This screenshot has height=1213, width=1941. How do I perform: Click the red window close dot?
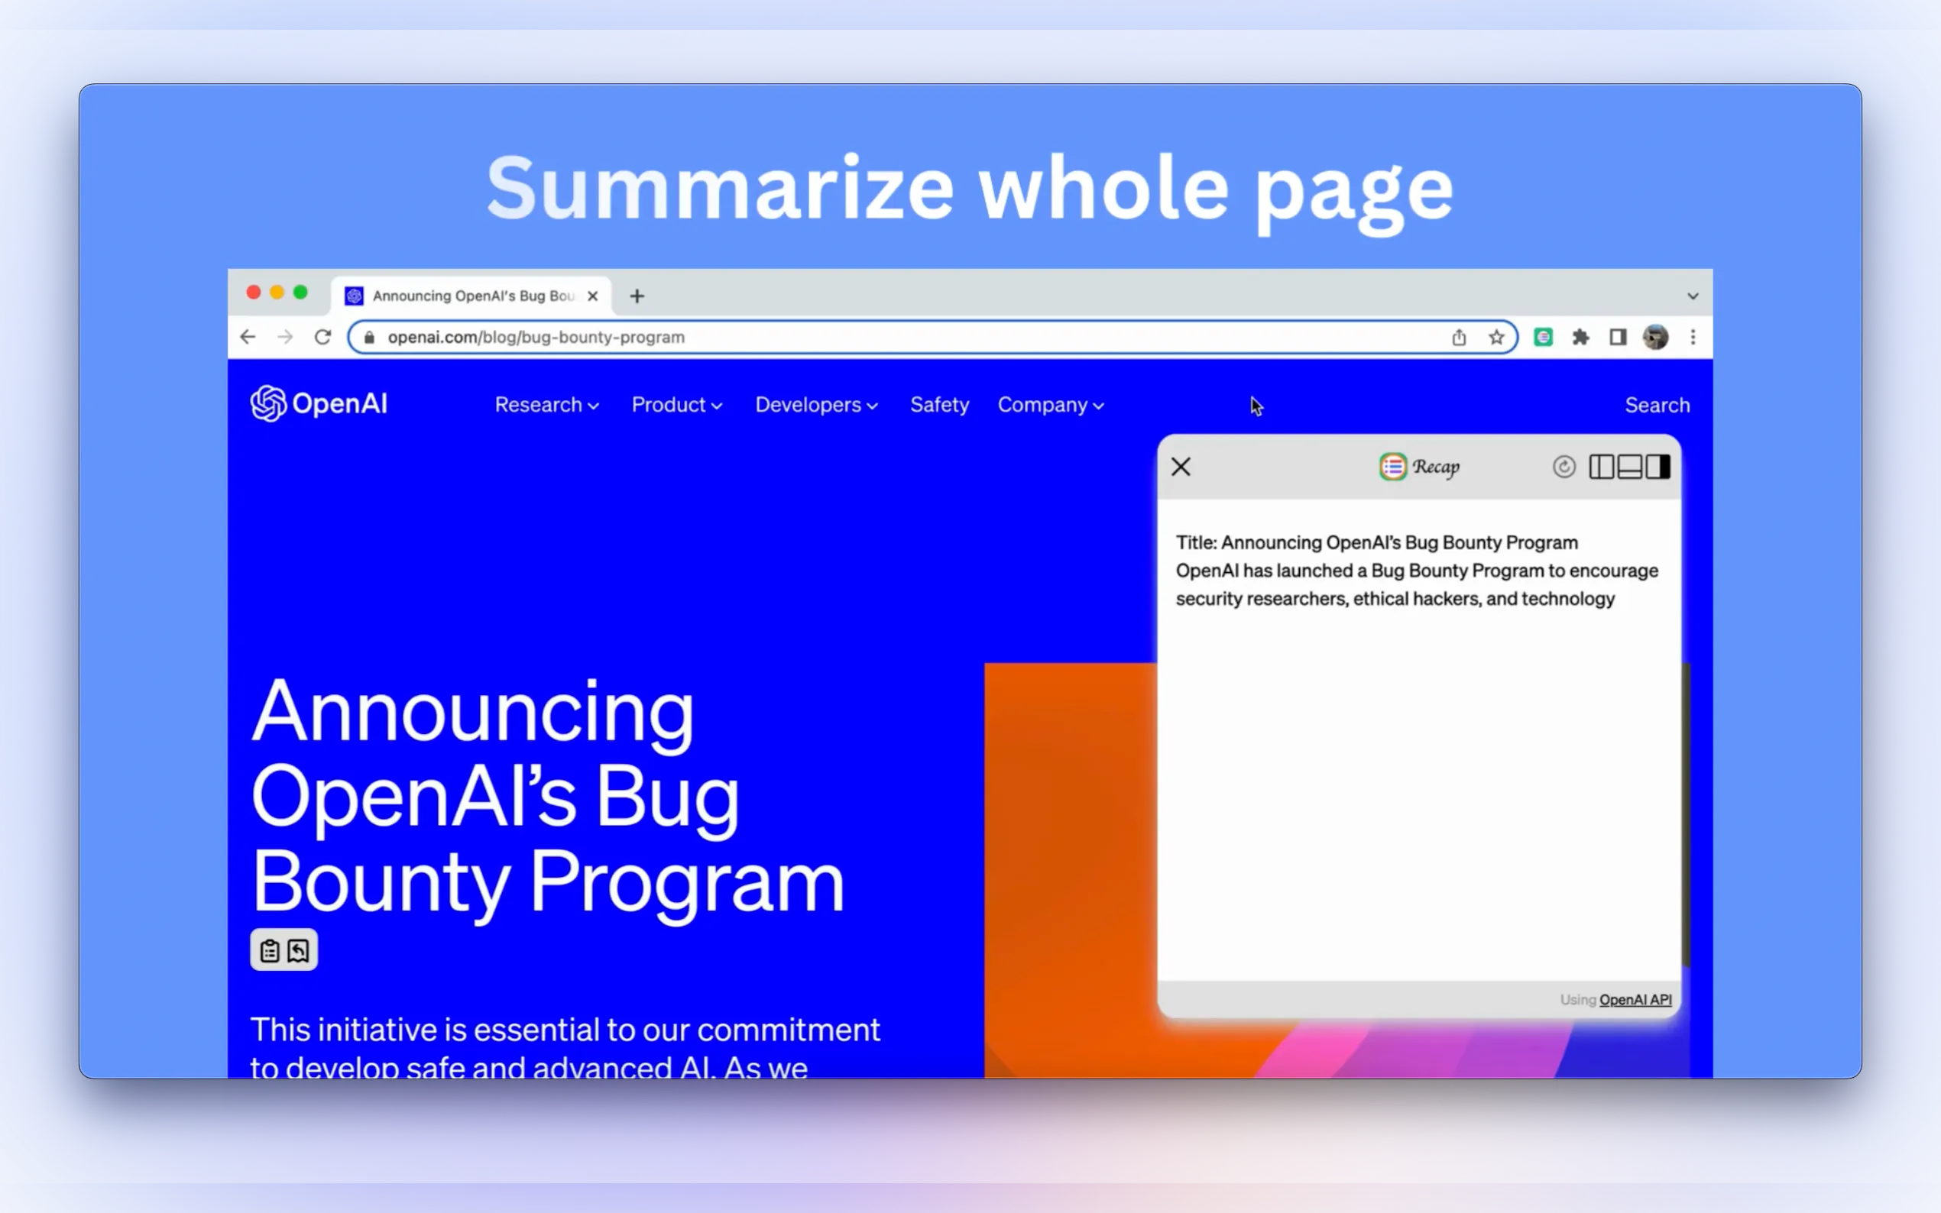pos(254,293)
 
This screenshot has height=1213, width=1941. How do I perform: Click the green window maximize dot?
pos(300,293)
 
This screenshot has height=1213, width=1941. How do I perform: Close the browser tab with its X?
pos(593,296)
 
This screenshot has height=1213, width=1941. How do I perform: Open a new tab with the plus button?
pos(637,296)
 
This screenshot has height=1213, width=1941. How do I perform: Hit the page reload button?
pos(322,337)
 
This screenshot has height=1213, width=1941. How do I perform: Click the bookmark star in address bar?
pos(1496,337)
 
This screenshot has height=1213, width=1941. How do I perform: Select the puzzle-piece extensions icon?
pos(1581,337)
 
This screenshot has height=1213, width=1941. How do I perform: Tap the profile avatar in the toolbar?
pos(1655,337)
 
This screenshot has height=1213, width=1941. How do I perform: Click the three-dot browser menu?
pos(1693,337)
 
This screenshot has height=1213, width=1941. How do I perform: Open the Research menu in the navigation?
pos(546,405)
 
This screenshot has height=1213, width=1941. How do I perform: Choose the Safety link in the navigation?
pos(940,405)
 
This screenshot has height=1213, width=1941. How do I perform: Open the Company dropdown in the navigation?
pos(1050,405)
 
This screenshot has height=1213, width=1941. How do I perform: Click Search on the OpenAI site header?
pos(1657,405)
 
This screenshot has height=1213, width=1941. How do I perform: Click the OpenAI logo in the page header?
pos(319,403)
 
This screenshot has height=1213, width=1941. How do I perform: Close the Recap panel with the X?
pos(1181,467)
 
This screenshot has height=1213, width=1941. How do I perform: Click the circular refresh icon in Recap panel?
pos(1563,467)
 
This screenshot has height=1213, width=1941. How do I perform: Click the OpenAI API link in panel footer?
pos(1635,1000)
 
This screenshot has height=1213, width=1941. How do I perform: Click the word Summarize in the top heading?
pos(720,189)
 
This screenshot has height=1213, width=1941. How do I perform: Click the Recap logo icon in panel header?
pos(1393,467)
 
